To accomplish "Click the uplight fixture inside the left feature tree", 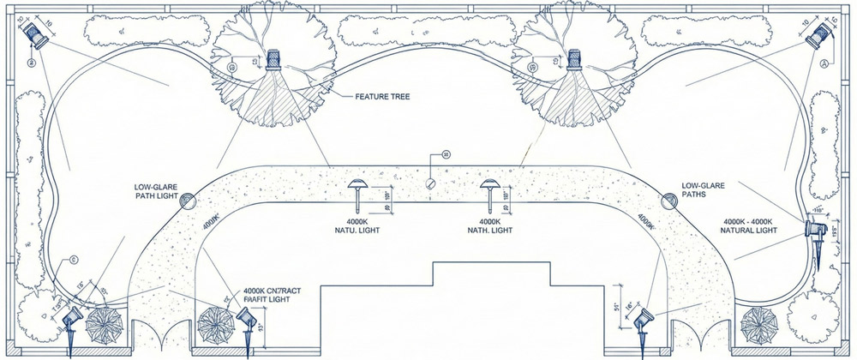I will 274,62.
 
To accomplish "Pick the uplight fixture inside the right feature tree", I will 576,62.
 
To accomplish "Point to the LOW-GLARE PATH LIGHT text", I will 156,189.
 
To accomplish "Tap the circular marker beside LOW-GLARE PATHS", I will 668,200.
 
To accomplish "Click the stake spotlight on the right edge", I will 813,231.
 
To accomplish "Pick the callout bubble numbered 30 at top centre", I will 445,154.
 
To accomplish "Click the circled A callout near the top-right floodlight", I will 824,64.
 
